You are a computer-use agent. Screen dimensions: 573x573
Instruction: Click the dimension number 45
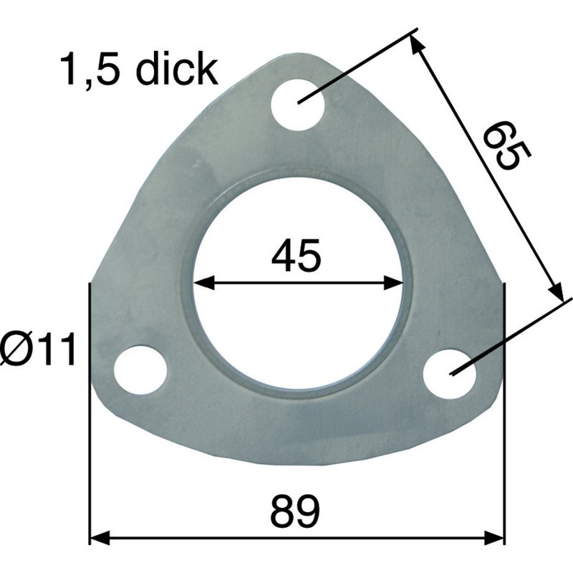[296, 256]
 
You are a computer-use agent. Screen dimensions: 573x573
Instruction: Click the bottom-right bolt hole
[450, 373]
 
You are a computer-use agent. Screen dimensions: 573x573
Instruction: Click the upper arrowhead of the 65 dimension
[417, 44]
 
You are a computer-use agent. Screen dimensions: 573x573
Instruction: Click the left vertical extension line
[89, 430]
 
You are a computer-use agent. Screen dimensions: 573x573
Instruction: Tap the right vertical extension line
[505, 430]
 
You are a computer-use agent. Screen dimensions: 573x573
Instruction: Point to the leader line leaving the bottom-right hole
[516, 334]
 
